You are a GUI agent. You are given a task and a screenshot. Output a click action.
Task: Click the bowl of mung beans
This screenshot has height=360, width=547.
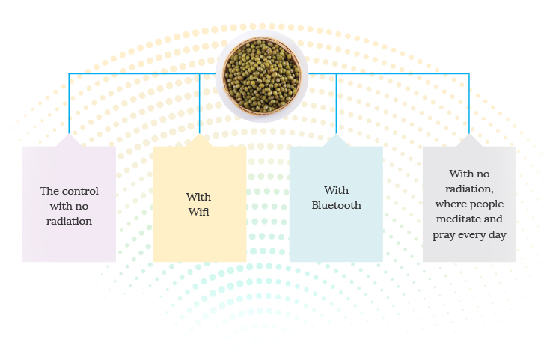(262, 76)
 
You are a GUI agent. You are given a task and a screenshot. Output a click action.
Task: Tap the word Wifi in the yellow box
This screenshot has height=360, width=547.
(198, 212)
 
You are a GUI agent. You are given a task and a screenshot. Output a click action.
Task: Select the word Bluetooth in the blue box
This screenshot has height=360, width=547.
(336, 205)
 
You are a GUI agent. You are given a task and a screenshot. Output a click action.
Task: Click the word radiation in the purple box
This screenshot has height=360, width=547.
(69, 221)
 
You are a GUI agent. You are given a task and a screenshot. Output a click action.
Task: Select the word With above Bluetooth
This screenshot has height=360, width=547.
(336, 190)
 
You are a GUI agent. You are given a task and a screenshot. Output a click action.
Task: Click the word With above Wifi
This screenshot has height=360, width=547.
(198, 197)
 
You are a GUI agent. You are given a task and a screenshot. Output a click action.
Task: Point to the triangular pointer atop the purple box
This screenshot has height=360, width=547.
(69, 141)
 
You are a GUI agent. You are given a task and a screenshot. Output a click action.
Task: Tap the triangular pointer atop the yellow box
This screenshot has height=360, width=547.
(200, 141)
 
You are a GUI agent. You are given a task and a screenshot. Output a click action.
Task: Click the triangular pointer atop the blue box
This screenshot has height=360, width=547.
(336, 141)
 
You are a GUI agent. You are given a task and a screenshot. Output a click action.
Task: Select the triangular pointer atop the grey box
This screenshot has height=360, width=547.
(469, 141)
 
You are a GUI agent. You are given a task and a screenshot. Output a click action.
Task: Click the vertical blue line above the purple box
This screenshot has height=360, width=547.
(69, 103)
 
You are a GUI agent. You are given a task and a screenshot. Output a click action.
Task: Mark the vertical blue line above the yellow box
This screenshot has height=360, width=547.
(200, 103)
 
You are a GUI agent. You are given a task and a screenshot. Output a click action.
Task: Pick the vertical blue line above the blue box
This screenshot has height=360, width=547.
(336, 103)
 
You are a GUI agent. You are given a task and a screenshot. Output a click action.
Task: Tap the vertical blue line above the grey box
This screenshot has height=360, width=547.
(469, 103)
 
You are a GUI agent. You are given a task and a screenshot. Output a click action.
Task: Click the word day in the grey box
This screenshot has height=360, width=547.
(498, 235)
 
